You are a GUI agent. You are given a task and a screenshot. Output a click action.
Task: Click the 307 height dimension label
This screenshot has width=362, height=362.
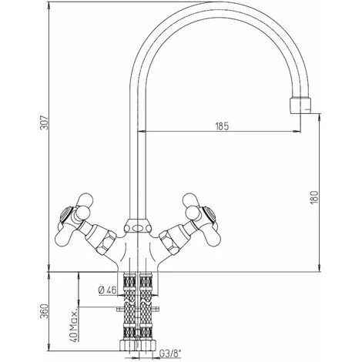tap(44, 122)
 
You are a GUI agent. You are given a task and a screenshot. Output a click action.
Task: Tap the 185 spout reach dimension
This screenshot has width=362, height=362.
tap(222, 126)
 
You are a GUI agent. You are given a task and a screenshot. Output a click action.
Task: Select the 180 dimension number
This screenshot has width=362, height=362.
tap(314, 197)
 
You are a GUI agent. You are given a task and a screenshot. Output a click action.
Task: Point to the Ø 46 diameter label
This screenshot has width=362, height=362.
tap(107, 290)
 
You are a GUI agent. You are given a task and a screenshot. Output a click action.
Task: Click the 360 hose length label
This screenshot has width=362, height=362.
tap(44, 311)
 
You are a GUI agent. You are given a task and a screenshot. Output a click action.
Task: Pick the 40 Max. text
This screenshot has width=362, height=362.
tap(74, 325)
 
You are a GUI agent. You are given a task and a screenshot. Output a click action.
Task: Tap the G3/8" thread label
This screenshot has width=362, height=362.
tap(169, 354)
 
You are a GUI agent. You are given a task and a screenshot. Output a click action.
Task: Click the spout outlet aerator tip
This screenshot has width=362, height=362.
tap(300, 106)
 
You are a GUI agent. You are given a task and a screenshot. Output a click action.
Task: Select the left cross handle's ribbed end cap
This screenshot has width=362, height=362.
tap(65, 214)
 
